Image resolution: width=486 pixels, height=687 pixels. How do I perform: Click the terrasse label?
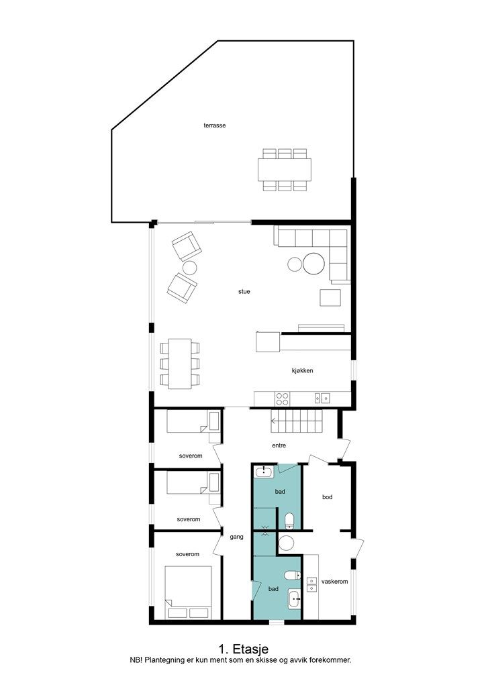click(x=215, y=125)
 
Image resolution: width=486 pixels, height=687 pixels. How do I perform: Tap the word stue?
click(x=244, y=292)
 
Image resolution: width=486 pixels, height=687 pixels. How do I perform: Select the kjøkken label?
click(x=302, y=370)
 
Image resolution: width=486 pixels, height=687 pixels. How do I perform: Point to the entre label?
click(x=279, y=445)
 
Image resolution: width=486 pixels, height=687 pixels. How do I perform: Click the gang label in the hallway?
click(x=237, y=537)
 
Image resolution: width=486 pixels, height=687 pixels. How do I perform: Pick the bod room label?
click(x=328, y=497)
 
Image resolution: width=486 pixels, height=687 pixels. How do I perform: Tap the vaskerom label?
click(x=334, y=582)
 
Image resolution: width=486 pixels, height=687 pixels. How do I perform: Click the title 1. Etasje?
click(x=243, y=649)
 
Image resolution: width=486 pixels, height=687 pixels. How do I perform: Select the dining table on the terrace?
click(x=285, y=170)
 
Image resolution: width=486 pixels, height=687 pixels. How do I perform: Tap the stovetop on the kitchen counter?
click(x=282, y=399)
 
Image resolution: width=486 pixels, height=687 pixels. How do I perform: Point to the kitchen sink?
click(x=322, y=399)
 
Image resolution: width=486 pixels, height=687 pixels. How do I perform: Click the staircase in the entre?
click(x=296, y=422)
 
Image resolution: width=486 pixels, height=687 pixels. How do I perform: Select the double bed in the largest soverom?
click(x=189, y=593)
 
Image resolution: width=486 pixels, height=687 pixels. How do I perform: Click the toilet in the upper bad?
click(x=290, y=521)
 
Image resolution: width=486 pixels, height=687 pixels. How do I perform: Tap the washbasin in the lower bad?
click(x=294, y=599)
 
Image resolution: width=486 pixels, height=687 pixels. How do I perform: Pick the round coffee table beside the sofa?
click(x=313, y=264)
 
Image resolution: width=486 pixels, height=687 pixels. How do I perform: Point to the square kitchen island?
click(x=268, y=341)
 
